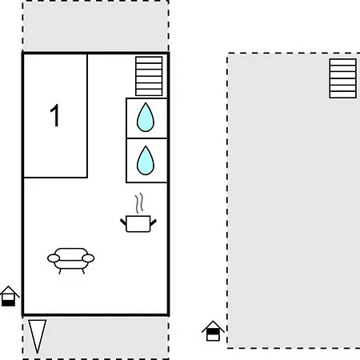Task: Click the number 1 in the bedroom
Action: pos(55,115)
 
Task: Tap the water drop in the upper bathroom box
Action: pos(146,118)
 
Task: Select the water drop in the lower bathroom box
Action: pos(146,161)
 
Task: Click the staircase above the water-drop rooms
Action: pos(149,76)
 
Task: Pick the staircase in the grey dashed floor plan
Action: pos(343,78)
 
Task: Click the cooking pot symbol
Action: pos(138,223)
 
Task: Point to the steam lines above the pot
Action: pos(139,203)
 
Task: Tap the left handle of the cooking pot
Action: pos(123,222)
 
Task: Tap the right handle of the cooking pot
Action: pos(154,222)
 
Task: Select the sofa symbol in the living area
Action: pos(71,261)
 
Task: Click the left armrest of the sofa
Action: pos(54,258)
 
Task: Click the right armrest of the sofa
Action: pos(88,258)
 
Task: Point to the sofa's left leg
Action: pos(60,271)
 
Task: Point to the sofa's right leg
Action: pos(83,271)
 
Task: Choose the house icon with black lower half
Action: pos(10,296)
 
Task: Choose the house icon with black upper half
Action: pos(213,331)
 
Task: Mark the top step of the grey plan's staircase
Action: pos(343,62)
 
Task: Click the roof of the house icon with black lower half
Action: pos(10,291)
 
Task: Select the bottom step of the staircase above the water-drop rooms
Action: pos(149,92)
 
